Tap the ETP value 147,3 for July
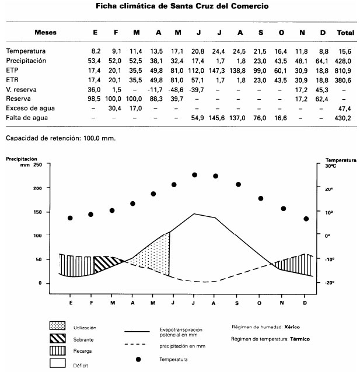[216, 70]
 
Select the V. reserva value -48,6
[174, 89]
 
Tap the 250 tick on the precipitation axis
[37, 164]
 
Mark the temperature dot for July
[194, 175]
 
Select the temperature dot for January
[70, 218]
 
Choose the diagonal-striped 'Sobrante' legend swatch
[58, 340]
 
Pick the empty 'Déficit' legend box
[58, 362]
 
